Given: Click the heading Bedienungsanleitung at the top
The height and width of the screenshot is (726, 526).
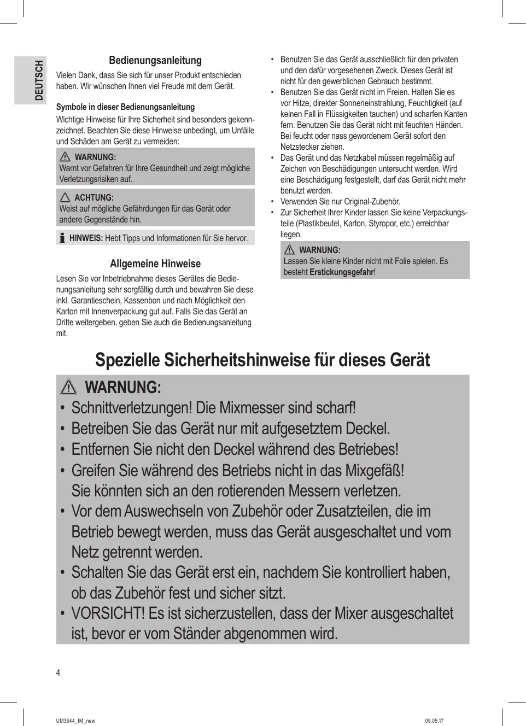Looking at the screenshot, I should click(x=155, y=61).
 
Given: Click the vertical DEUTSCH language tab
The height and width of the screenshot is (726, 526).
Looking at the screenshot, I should click(x=38, y=80).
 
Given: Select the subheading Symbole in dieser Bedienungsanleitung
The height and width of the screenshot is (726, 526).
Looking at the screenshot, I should click(x=125, y=107).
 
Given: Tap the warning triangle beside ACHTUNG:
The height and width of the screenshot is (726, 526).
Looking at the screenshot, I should click(x=65, y=197).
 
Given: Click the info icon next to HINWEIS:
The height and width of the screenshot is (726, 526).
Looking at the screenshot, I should click(x=62, y=238).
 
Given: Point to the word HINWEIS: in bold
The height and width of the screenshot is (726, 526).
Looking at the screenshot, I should click(x=86, y=238).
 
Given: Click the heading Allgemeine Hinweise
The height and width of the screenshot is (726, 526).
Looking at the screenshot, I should click(x=155, y=264).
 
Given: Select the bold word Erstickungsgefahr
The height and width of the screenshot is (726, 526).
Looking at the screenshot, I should click(x=341, y=272).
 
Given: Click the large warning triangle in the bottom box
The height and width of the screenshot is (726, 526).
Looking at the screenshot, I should click(x=69, y=388).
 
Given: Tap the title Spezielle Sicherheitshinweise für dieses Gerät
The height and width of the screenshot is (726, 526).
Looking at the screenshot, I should click(x=262, y=360).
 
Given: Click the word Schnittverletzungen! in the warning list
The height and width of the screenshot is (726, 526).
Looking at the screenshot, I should click(x=132, y=408).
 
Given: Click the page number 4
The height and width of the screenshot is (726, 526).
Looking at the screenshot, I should click(x=59, y=673).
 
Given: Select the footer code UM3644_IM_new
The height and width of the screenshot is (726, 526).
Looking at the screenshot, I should click(x=75, y=721).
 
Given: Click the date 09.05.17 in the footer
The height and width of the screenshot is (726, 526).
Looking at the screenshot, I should click(x=434, y=721).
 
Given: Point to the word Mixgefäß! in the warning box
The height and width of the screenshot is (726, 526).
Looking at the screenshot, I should click(x=375, y=471).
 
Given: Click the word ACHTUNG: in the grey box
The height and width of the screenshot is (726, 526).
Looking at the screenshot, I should click(x=94, y=198).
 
